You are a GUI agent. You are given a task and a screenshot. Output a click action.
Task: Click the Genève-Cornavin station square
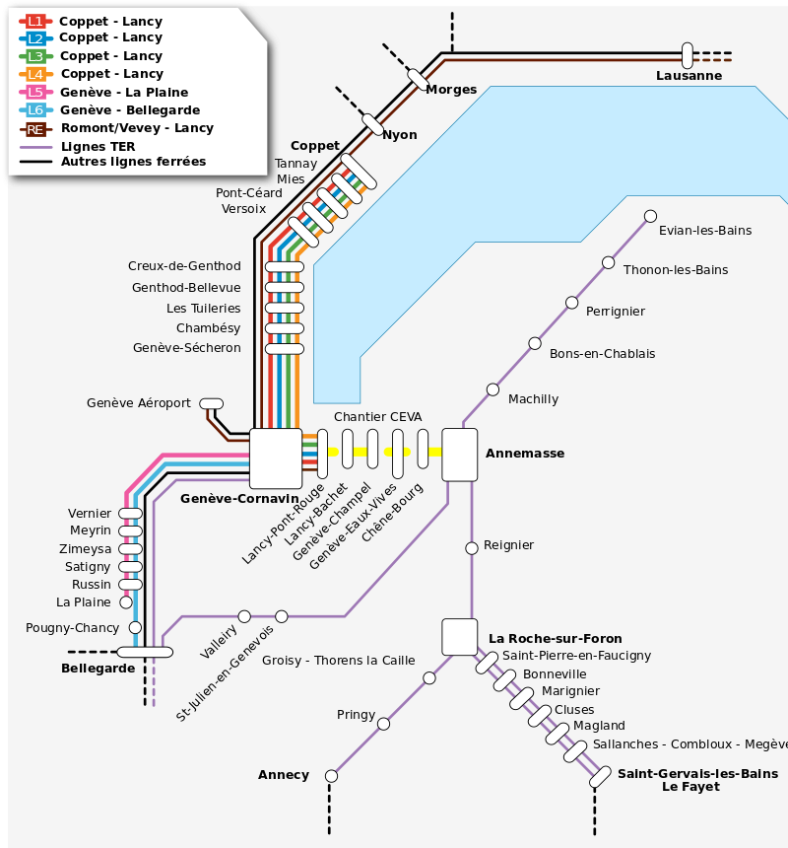(x=276, y=459)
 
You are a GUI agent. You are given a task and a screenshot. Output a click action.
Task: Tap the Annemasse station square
(x=460, y=455)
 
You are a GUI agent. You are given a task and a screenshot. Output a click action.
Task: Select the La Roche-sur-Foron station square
(x=459, y=637)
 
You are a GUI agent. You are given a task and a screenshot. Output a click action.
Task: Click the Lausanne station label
(x=689, y=76)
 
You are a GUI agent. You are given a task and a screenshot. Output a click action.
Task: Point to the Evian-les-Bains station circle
(x=650, y=216)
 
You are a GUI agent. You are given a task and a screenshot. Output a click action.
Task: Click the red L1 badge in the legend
(x=35, y=21)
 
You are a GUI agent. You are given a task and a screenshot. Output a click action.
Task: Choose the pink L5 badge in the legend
(x=35, y=92)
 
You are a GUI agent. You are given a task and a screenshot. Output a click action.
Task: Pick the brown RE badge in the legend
(x=35, y=128)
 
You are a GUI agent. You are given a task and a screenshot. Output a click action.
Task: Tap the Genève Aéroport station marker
(x=212, y=403)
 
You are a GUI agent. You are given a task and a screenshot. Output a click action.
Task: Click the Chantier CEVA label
(x=377, y=417)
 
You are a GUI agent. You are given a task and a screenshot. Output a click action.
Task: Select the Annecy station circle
(x=331, y=776)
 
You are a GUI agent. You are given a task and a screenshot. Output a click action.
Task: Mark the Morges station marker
(x=418, y=78)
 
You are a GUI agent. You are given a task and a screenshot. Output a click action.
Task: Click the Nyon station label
(x=399, y=135)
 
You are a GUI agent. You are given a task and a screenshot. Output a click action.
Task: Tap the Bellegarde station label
(x=98, y=669)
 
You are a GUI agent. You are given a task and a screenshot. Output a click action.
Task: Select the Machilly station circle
(x=492, y=389)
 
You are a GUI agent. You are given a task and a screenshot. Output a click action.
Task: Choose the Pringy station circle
(x=383, y=724)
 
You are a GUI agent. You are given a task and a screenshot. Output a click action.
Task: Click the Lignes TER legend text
(x=98, y=146)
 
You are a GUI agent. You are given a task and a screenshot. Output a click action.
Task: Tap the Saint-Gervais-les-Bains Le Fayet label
(x=696, y=780)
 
